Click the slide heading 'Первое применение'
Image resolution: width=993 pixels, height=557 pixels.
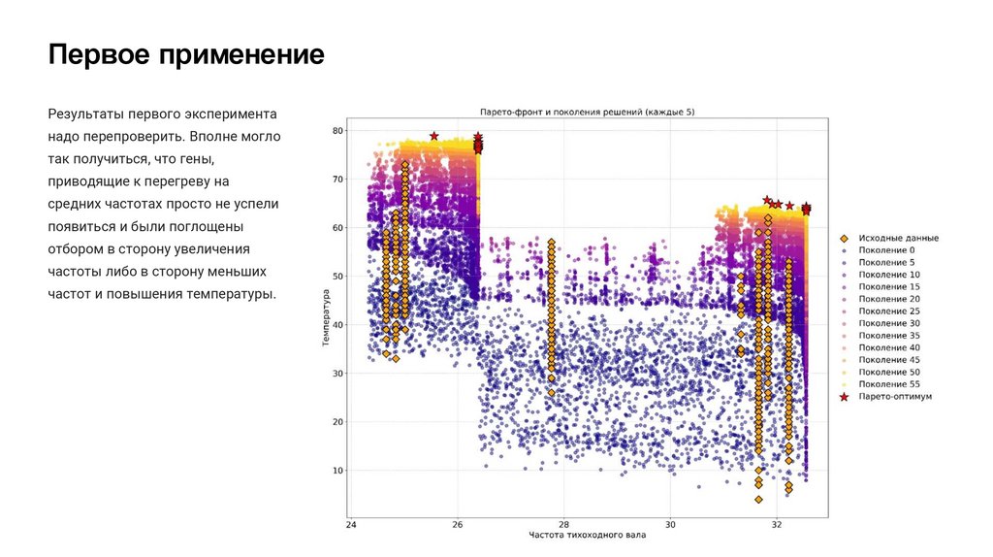tap(187, 53)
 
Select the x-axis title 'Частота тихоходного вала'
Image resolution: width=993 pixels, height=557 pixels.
tap(588, 535)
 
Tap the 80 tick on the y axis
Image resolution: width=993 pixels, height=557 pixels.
tap(338, 130)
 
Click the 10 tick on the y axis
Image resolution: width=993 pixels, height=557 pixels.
tap(338, 471)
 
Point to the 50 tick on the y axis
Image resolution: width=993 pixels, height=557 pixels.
tap(338, 277)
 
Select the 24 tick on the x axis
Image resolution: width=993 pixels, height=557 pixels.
tap(351, 524)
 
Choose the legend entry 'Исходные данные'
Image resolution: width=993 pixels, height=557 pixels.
tap(898, 238)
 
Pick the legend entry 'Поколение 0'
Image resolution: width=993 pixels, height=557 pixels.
tap(888, 250)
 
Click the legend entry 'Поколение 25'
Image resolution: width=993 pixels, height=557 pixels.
tap(890, 311)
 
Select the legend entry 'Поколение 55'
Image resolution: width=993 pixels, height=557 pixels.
tap(890, 384)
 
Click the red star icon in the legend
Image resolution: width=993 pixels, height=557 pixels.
tap(845, 397)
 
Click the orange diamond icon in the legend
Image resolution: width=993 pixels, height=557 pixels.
tap(845, 238)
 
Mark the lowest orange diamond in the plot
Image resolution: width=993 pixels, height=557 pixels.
tap(758, 500)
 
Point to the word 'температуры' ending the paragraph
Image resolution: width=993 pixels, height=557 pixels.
tap(233, 293)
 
